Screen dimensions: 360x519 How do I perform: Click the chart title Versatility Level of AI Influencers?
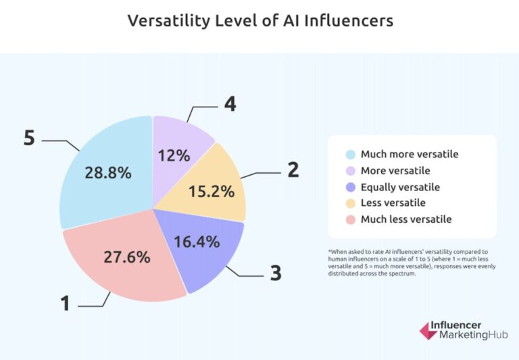point(260,21)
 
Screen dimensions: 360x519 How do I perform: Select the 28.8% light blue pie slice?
point(105,169)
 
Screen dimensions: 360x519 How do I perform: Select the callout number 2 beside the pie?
point(293,170)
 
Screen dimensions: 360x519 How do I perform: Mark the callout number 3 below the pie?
point(276,273)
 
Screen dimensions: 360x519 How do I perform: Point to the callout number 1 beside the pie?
point(65,303)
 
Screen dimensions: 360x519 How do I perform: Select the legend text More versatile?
point(395,170)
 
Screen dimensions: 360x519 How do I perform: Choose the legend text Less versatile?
point(392,203)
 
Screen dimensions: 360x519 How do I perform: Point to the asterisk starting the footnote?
point(330,251)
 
